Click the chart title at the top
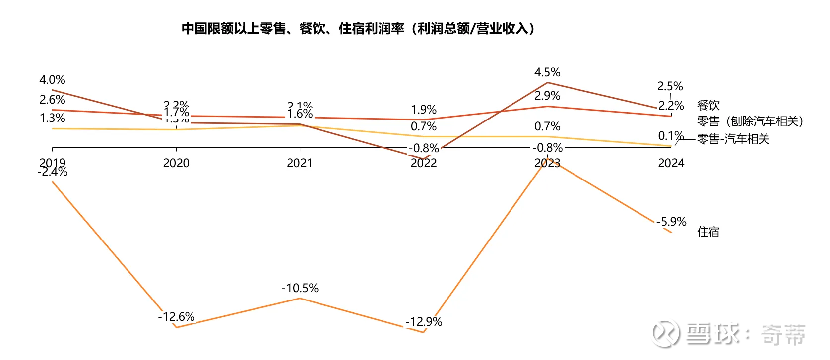coord(358,29)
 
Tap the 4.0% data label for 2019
coord(52,80)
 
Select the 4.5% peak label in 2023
coord(547,72)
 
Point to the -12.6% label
coord(176,317)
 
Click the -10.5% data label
coord(300,288)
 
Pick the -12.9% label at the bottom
coord(424,322)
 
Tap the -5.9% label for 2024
coord(671,222)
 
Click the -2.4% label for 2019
coord(52,172)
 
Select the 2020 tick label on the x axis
coord(176,163)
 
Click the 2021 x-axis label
coord(300,163)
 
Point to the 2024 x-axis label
coord(671,163)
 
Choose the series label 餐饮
coord(708,105)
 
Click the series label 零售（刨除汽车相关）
coord(750,121)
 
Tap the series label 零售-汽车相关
coord(733,139)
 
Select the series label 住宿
coord(708,232)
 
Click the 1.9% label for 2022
coord(424,110)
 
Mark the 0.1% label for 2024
coord(671,136)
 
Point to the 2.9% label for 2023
coord(547,96)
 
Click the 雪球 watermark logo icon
coord(665,334)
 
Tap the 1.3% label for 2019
coord(52,118)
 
